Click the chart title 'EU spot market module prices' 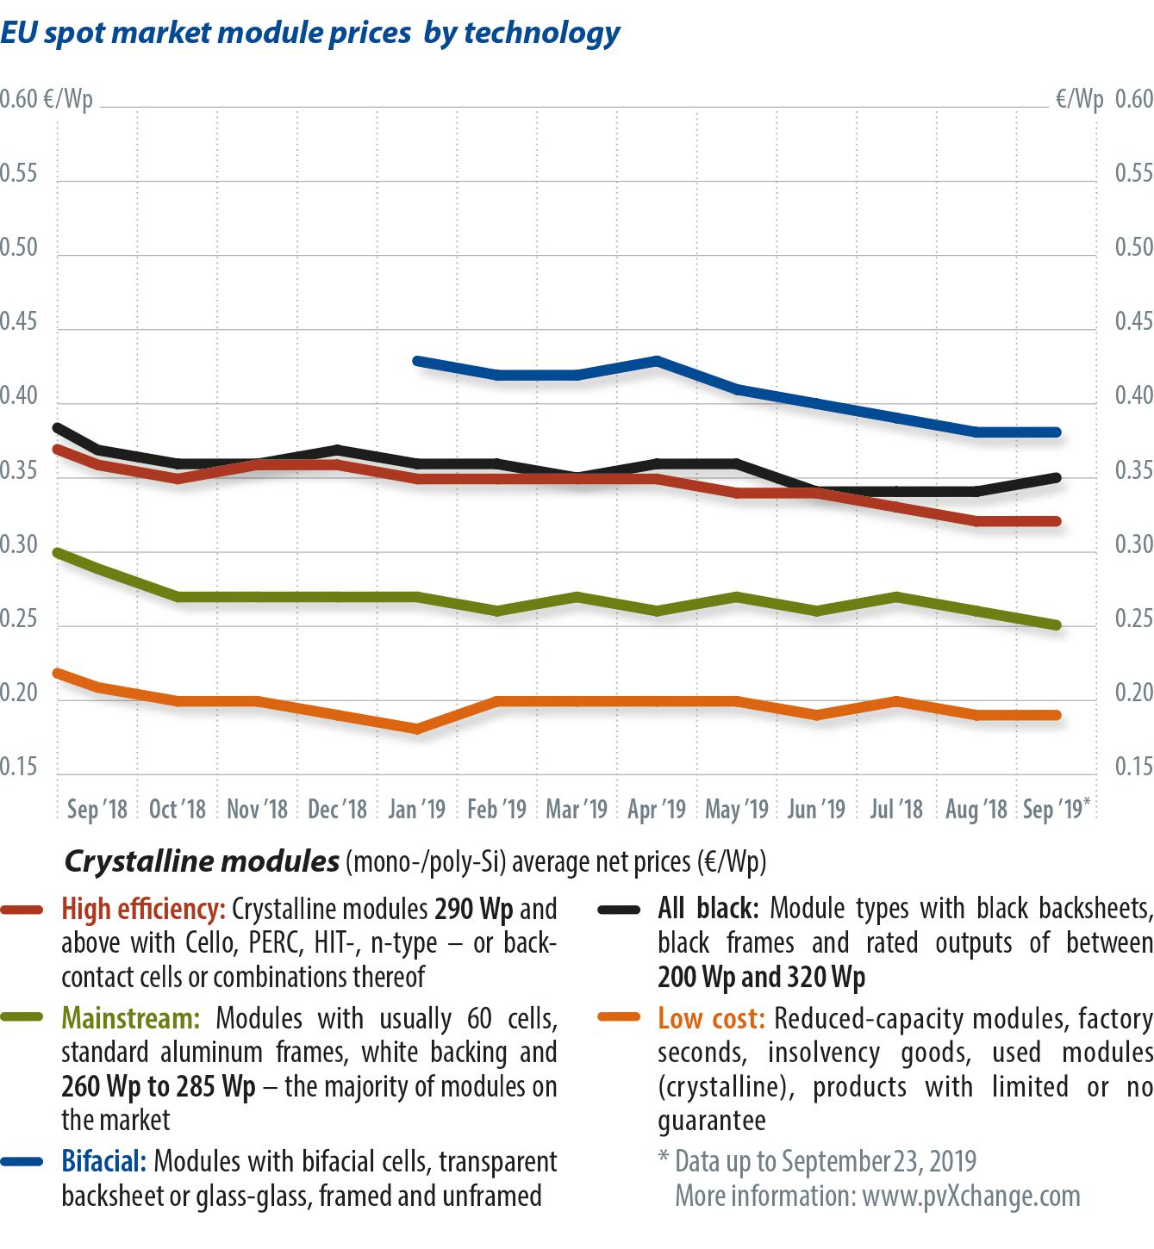(206, 33)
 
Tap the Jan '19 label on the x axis (417, 810)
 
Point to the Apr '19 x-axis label (657, 810)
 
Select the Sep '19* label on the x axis (1056, 810)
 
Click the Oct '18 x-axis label (178, 810)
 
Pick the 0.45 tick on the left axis (19, 322)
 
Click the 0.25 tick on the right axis (1134, 619)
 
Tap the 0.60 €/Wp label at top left (47, 99)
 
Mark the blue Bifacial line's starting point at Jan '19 (417, 361)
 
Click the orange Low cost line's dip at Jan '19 (417, 729)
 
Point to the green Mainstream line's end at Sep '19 (1057, 625)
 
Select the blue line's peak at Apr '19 (657, 360)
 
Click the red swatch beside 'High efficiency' (22, 910)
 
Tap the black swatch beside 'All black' (619, 910)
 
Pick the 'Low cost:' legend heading (711, 1019)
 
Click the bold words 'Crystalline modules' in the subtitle (202, 861)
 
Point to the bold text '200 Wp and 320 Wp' (761, 978)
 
